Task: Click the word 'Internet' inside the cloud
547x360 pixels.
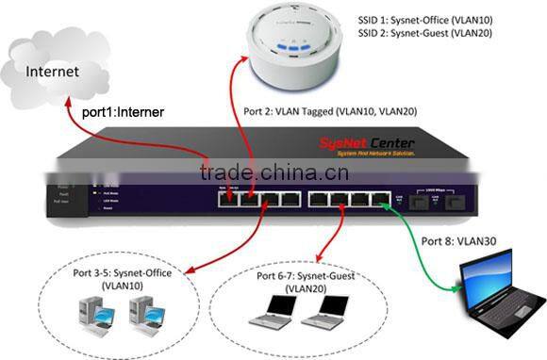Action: point(53,71)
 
